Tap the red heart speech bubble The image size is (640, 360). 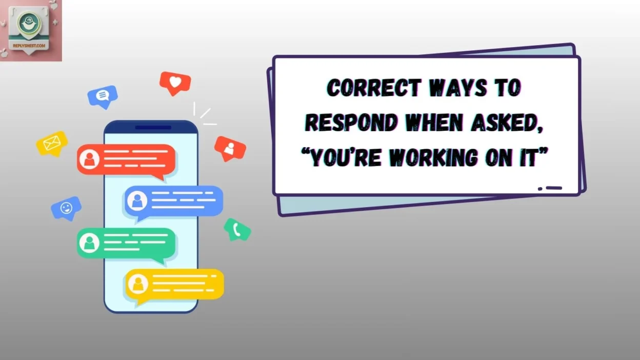pos(175,82)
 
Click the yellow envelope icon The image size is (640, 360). pos(51,144)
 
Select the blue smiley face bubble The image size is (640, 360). pos(66,208)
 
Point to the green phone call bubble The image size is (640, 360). pos(237,229)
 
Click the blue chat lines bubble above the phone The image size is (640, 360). pos(103,95)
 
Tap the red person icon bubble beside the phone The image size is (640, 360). pos(230,148)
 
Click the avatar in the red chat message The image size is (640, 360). pos(90,159)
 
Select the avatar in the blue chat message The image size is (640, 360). pos(137,201)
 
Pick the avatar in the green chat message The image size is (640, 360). pos(90,242)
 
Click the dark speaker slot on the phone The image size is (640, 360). pos(153,127)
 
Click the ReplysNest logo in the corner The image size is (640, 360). pos(31,30)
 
